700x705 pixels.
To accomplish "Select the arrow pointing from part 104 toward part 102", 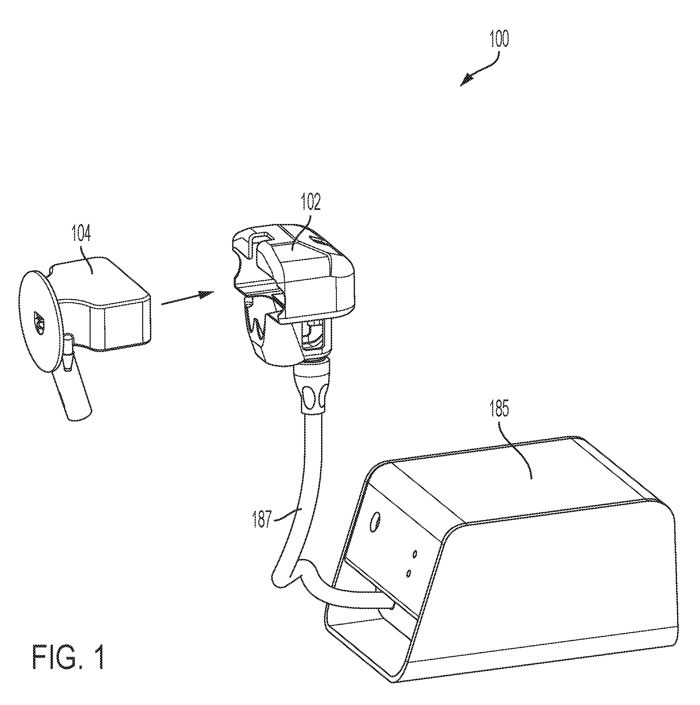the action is click(188, 297).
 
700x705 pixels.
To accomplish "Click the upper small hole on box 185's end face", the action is click(414, 554).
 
